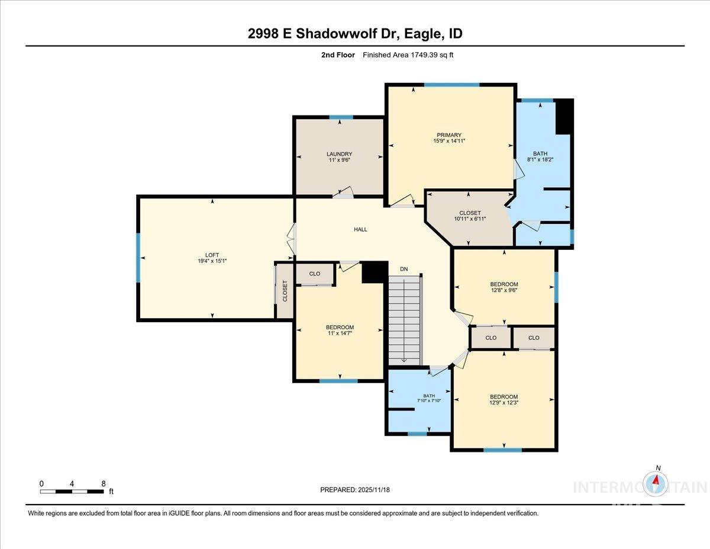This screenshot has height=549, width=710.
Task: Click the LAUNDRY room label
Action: point(340,154)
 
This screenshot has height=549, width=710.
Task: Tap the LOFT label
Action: point(212,255)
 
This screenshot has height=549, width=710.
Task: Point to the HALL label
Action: point(360,229)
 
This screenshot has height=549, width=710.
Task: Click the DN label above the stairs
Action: point(404,269)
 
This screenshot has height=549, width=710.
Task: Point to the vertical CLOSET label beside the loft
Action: point(285,291)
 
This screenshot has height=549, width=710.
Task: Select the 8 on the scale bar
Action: point(104,483)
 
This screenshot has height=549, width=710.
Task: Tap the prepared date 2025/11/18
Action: point(373,490)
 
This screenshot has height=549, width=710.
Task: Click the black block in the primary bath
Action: point(564,117)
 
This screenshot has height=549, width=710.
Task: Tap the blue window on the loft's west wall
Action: point(138,258)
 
